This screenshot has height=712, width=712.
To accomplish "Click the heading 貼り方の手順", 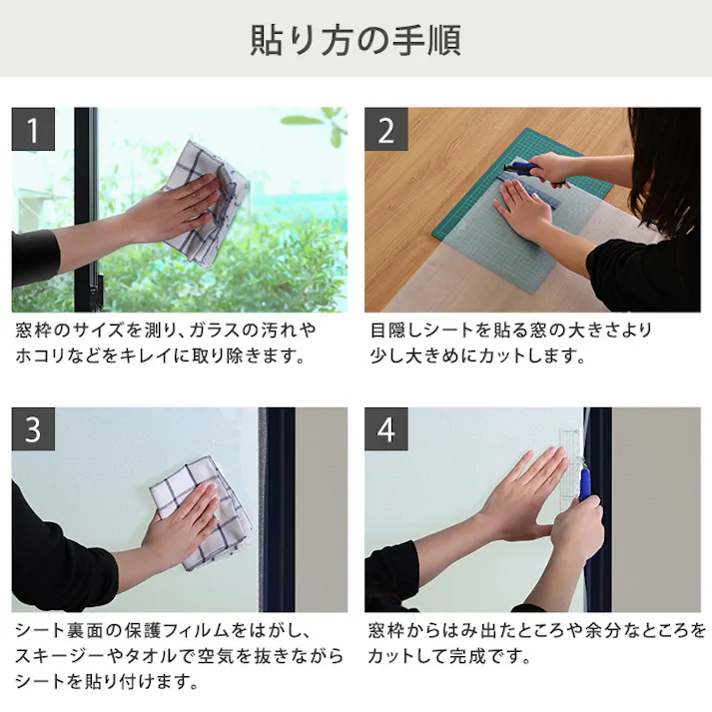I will pos(355,42).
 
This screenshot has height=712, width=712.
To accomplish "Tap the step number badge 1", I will pos(33,130).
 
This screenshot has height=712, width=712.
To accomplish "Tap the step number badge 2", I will pos(386,130).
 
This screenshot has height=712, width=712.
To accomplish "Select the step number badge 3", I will pos(33,429).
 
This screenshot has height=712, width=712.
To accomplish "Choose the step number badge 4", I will pos(386,429).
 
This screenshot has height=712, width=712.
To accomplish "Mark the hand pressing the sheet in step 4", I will pos(519,489).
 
